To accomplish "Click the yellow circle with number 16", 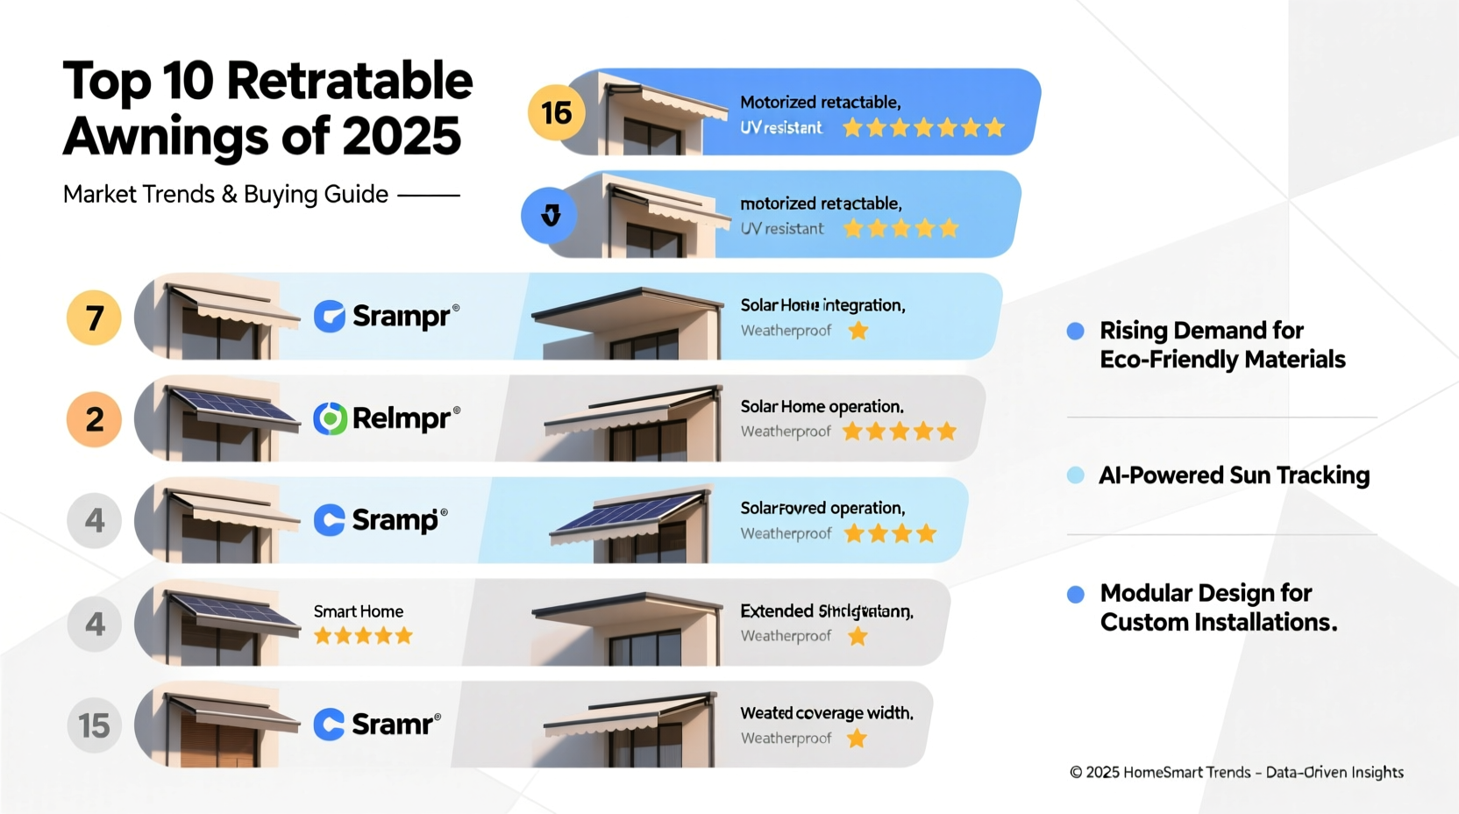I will pos(556,112).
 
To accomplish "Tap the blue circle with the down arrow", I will pos(550,215).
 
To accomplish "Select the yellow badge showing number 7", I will pos(94,318).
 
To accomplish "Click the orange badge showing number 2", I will pos(94,419).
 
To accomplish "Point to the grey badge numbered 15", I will pos(94,725).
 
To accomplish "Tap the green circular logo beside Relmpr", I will pos(331,419).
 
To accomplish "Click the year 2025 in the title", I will pos(401,137).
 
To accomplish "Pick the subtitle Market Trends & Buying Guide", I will pos(225,194).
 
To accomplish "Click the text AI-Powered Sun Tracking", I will pos(1234,475).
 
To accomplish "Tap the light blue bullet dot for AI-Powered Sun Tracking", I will pos(1075,475).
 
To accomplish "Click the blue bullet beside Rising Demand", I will pos(1075,331).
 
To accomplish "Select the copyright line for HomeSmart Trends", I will pos(1236,772).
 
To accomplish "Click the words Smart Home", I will pos(359,611).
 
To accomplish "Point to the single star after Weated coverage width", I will pos(857,739).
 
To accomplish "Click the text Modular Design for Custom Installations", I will pos(1218,607).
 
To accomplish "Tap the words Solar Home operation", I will pos(822,407).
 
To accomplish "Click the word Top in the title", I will pos(106,82).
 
